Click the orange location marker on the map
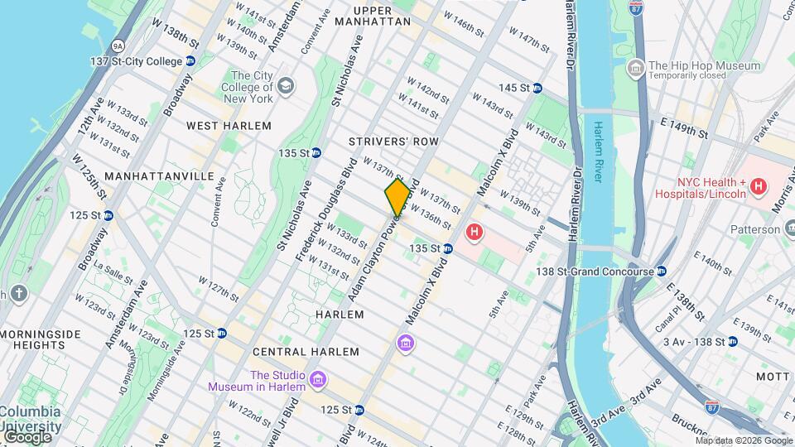[398, 197]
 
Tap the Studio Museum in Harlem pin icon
[318, 380]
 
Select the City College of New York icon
[285, 85]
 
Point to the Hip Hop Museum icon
[636, 67]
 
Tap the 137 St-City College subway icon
[190, 61]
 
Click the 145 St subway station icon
[537, 88]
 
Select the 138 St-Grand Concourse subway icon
[662, 272]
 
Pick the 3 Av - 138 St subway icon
[732, 341]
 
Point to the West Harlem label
[229, 126]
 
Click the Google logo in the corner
[26, 437]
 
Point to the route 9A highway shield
[118, 47]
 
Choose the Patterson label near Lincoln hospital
[756, 229]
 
